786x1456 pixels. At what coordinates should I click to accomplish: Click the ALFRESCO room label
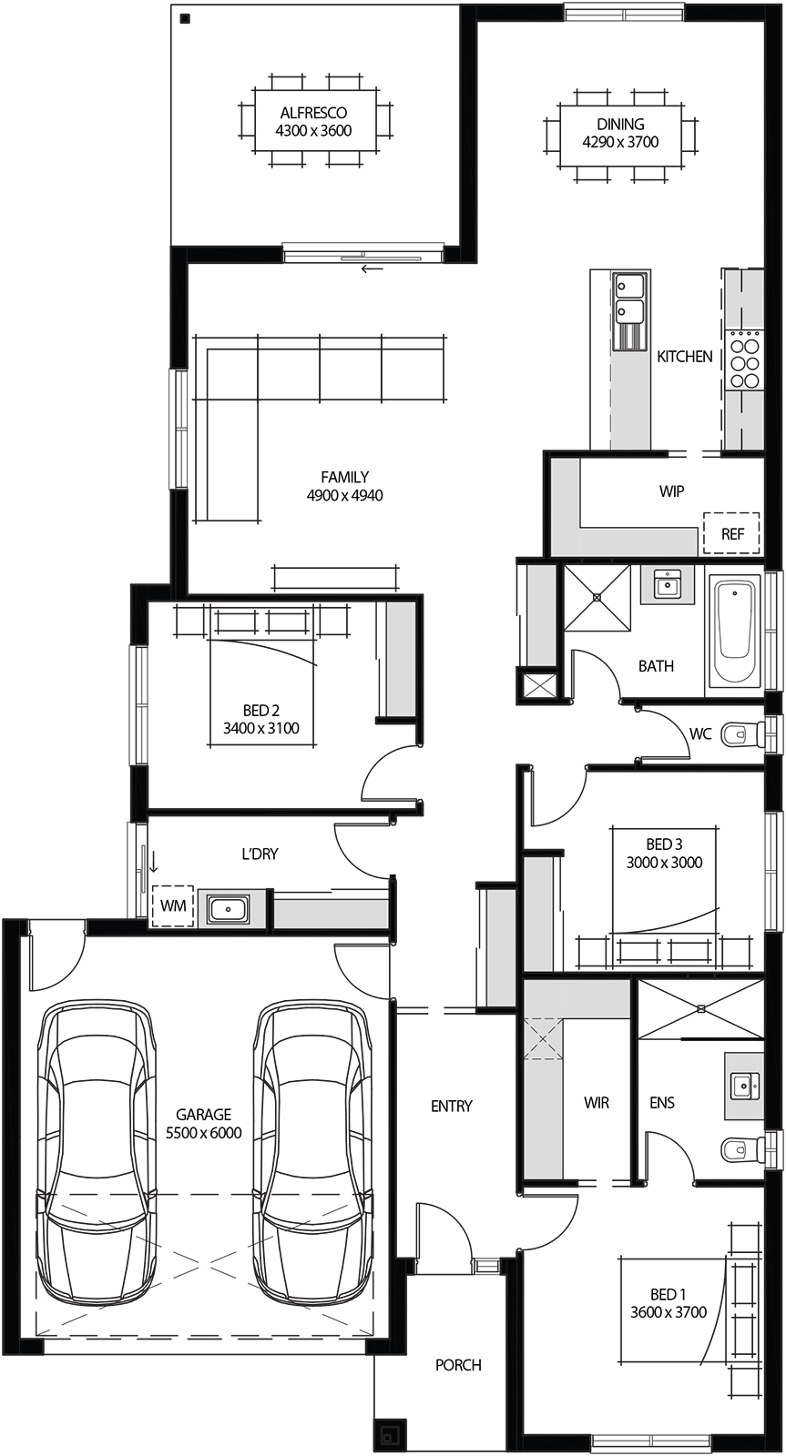pos(313,113)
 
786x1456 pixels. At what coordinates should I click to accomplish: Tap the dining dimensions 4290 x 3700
pos(620,142)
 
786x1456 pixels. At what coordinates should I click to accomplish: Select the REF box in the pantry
pos(732,534)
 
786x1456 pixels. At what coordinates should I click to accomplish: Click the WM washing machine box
pos(173,906)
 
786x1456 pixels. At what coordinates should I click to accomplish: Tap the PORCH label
pos(458,1365)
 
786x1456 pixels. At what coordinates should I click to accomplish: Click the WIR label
pos(597,1103)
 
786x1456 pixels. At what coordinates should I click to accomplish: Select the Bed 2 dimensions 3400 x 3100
pos(260,728)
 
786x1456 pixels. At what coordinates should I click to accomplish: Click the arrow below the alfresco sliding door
pos(372,268)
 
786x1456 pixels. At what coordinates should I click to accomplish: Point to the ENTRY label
pos(452,1106)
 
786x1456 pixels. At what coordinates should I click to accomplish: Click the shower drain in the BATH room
pos(597,597)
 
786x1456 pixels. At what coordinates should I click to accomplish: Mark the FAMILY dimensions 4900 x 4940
pos(344,496)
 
